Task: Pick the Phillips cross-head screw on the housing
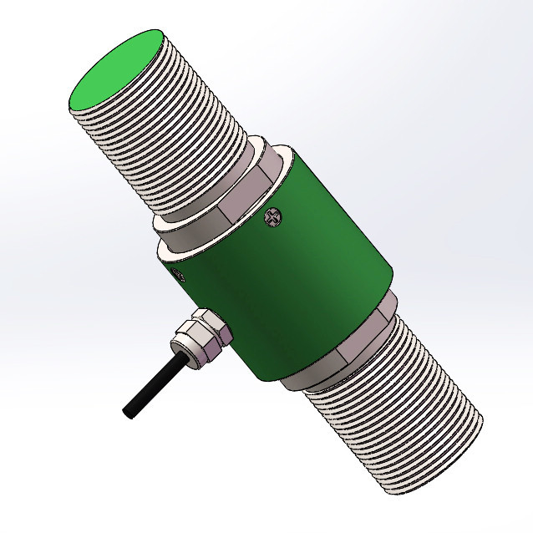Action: point(273,218)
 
